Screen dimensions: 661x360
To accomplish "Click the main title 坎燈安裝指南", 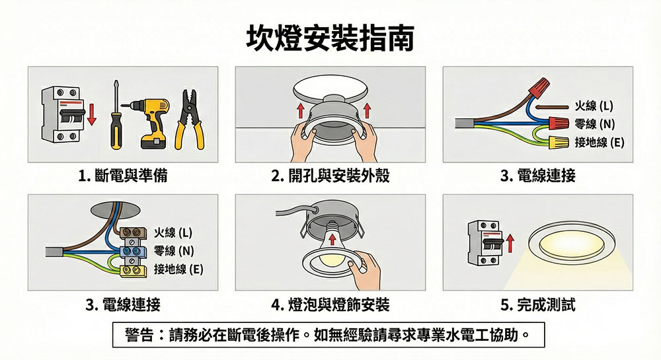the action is pos(330,38).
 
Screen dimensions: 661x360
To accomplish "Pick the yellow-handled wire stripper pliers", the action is pos(189,120).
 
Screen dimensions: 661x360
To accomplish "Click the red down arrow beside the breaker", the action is pos(91,115).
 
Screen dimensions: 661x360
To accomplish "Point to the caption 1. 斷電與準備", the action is pos(123,175).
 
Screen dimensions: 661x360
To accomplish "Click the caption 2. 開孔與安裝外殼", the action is pos(330,175).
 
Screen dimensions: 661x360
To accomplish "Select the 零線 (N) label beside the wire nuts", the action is pos(594,124).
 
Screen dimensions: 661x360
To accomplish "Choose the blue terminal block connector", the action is pos(133,252).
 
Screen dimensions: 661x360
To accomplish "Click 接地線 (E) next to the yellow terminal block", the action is pos(178,269).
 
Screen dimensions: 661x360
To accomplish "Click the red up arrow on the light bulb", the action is pos(332,240).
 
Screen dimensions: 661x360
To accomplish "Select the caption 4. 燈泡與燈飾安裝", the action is pos(330,304).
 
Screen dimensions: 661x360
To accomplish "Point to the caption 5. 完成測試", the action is pos(537,304).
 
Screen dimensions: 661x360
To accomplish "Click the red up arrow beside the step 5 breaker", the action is pos(510,244).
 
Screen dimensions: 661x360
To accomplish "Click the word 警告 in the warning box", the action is pos(139,335).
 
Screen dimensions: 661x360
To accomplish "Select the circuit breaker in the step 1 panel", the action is pos(61,114).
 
